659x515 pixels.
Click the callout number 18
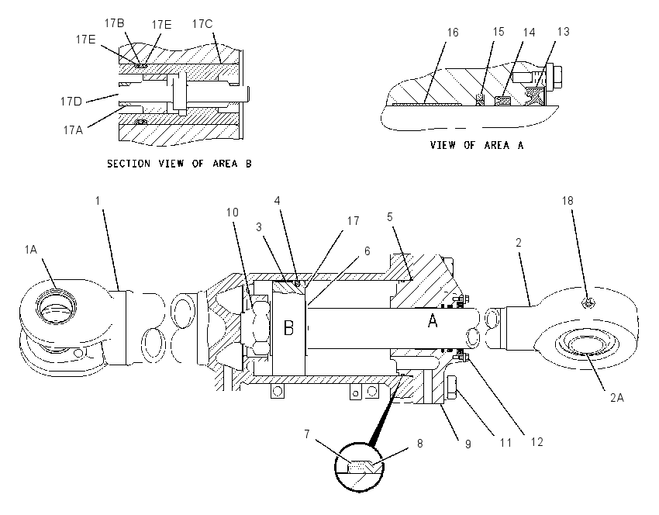pyautogui.click(x=568, y=201)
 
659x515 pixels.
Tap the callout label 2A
pyautogui.click(x=617, y=397)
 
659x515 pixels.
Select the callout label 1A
pyautogui.click(x=31, y=250)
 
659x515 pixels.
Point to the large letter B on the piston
pyautogui.click(x=288, y=328)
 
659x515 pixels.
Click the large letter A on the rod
pyautogui.click(x=433, y=321)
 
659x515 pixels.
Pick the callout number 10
pyautogui.click(x=233, y=213)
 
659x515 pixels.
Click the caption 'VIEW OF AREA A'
pyautogui.click(x=477, y=146)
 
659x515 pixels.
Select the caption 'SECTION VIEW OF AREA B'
pyautogui.click(x=179, y=164)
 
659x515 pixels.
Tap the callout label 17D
pyautogui.click(x=71, y=102)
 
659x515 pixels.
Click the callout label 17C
pyautogui.click(x=202, y=24)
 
